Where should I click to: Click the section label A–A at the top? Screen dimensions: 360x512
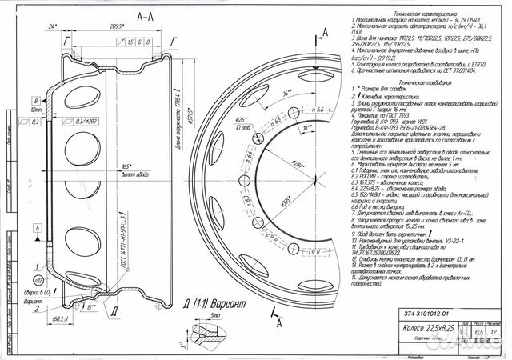(x=146, y=15)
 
